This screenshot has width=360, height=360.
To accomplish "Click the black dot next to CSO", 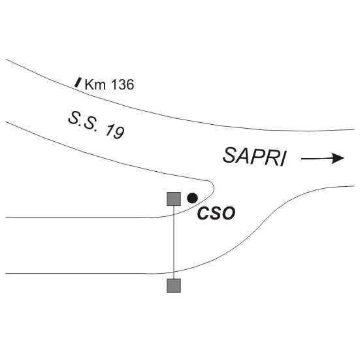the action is click(192, 198).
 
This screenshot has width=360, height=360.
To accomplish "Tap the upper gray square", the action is click(174, 199).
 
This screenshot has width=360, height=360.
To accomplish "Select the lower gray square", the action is click(174, 286).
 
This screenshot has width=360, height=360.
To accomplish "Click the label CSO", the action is click(216, 213).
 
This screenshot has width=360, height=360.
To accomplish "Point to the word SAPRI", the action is click(255, 157).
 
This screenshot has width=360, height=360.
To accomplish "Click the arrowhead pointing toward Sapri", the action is click(338, 158).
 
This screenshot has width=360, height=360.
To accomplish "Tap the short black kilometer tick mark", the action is click(78, 82).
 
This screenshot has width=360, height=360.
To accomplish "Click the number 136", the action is click(122, 84).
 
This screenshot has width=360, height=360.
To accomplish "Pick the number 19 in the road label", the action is click(115, 132).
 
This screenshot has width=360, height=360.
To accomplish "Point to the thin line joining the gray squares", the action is click(174, 242).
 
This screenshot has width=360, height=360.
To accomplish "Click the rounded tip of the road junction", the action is click(214, 188).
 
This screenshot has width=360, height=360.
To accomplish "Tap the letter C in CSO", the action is click(203, 213).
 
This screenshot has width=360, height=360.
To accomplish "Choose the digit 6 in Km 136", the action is click(130, 84).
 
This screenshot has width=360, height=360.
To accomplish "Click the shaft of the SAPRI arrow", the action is click(317, 158).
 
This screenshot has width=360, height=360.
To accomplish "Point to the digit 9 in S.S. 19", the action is click(119, 133).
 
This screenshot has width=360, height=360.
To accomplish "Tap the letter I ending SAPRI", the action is click(284, 159).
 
